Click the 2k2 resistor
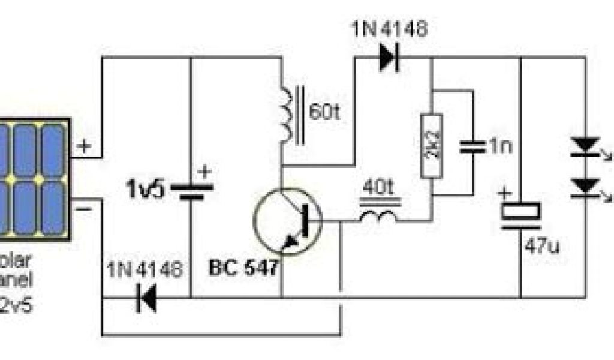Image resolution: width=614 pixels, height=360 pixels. click(x=432, y=145)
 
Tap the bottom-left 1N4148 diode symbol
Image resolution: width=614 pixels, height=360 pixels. click(x=146, y=298)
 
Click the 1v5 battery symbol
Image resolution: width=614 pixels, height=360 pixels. click(x=192, y=191)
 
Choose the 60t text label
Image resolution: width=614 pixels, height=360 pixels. click(x=326, y=112)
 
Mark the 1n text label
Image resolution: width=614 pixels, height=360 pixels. click(x=500, y=147)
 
